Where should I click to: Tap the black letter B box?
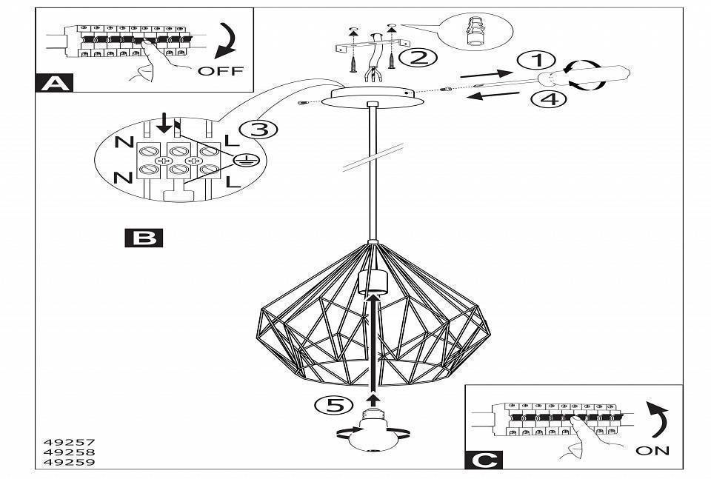tap(144, 237)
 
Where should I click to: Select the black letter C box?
tap(483, 460)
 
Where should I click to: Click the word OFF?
tap(220, 71)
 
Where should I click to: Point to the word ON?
tap(652, 450)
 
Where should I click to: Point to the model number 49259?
tap(65, 462)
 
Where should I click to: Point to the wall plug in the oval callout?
tap(474, 33)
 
